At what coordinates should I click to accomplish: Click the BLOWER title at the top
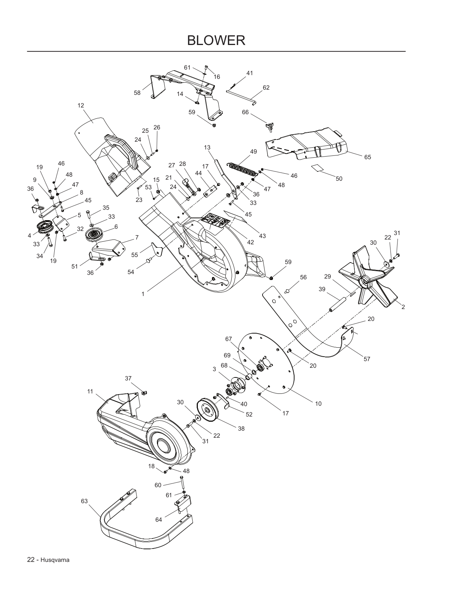(x=216, y=41)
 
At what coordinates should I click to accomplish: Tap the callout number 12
(x=81, y=105)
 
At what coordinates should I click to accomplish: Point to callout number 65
(x=367, y=157)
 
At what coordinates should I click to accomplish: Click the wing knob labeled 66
(x=270, y=127)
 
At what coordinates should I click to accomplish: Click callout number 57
(x=367, y=359)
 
